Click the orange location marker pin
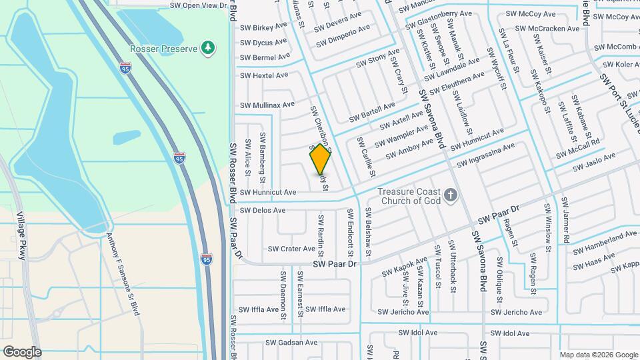pos(321,159)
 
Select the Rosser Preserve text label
pos(164,49)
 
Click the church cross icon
pos(451,195)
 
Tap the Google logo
pos(22,351)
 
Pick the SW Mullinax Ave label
pos(267,105)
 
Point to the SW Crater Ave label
pos(291,249)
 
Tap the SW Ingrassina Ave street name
pos(485,155)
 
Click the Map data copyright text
pos(598,355)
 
